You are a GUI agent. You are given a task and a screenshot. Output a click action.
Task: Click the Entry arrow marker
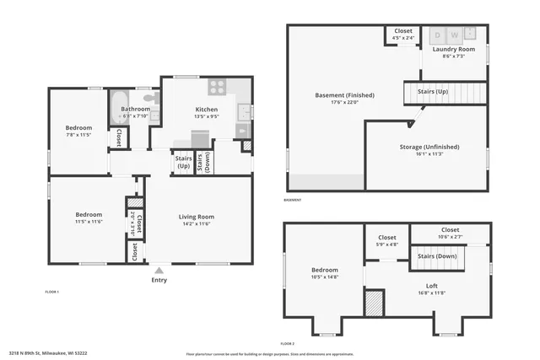pos(159,270)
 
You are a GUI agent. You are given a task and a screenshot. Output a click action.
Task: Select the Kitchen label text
pos(207,110)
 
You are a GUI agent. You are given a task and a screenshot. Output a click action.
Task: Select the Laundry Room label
pos(454,49)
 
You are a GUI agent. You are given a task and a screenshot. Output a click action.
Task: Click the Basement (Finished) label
pos(344,94)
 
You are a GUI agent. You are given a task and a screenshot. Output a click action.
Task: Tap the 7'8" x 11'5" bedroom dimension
pos(79,135)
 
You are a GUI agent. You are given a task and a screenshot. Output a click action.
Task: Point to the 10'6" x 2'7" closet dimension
pos(450,237)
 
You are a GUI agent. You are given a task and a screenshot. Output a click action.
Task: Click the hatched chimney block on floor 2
pos(373,302)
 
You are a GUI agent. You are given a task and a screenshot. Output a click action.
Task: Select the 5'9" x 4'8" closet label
pos(387,244)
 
